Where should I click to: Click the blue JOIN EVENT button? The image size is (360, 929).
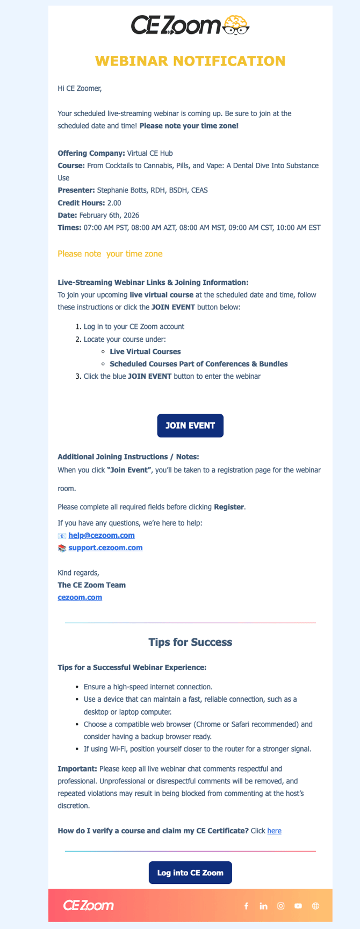pos(190,426)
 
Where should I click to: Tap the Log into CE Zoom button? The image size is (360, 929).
pos(190,873)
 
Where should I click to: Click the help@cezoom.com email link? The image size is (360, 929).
pos(102,535)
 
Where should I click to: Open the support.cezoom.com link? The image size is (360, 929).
pos(105,548)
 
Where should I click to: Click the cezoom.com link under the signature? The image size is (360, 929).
pos(80,597)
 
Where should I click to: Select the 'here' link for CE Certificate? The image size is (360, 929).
pos(274,831)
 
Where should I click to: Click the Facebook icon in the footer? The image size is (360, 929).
pos(246,906)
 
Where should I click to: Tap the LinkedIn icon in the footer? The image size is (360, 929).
pos(263,906)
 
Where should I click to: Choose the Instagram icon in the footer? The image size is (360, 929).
pos(280,906)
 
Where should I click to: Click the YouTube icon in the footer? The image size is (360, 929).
pos(298,906)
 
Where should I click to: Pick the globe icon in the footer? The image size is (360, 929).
pos(315,906)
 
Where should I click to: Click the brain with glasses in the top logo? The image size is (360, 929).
pos(236,25)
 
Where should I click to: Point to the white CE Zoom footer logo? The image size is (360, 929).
pos(89,905)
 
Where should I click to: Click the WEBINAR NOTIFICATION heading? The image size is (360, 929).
pos(190,61)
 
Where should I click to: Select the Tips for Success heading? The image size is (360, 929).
pos(190,642)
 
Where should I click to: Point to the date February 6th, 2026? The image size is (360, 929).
pos(109,215)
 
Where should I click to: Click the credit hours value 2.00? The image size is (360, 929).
pos(114,203)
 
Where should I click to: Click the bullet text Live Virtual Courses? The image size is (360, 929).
pos(145,351)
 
